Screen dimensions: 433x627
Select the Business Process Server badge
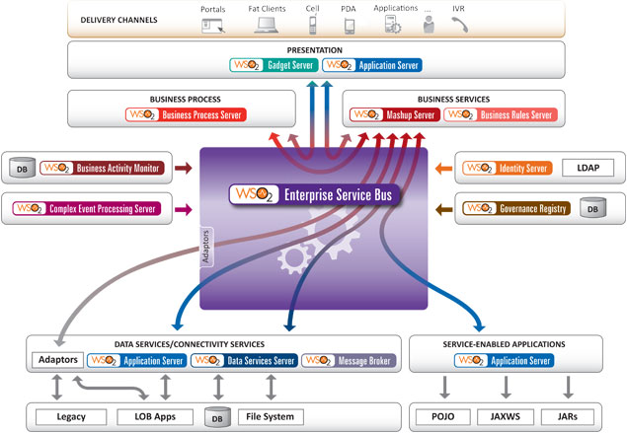186,114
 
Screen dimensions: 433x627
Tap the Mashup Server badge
392,114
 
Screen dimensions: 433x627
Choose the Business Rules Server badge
499,114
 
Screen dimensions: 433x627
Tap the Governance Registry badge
506,208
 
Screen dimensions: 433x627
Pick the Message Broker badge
350,361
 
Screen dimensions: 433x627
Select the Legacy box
59,415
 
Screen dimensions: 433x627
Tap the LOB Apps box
144,415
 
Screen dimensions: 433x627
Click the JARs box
567,415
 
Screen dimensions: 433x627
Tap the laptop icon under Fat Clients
267,27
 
